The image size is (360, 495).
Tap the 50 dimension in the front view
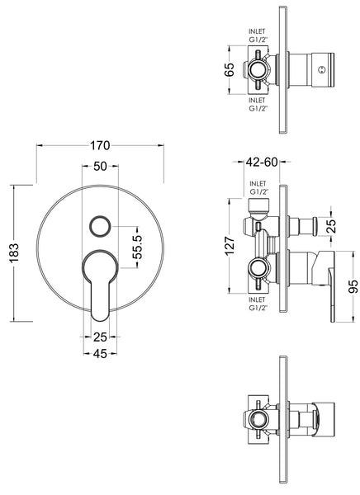(101, 166)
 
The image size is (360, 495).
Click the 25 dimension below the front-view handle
(101, 337)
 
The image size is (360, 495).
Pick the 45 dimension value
(101, 355)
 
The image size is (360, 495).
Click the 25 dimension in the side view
(330, 224)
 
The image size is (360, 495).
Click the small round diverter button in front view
(101, 226)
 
